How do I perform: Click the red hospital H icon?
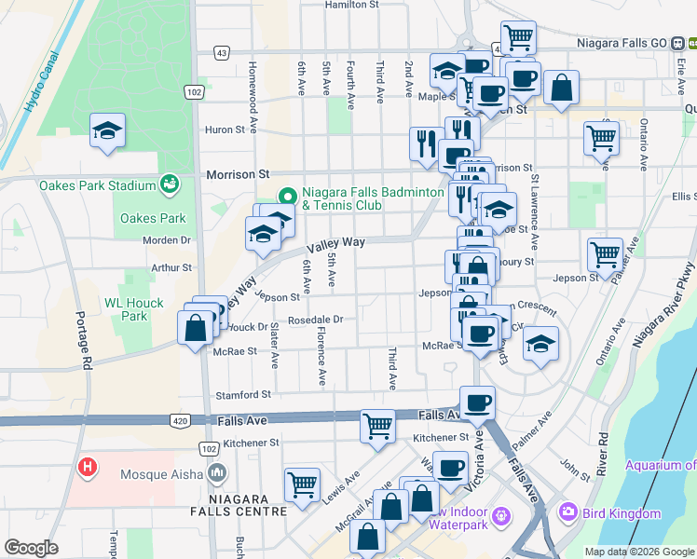[88, 466]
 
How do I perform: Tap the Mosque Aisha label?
[162, 474]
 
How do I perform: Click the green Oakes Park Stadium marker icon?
[170, 184]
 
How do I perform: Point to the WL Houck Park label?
[134, 309]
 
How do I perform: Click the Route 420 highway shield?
[180, 422]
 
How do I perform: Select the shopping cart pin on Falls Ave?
[377, 426]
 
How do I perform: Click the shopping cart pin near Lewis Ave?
[303, 484]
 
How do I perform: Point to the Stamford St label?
[242, 395]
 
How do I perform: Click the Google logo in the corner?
[31, 548]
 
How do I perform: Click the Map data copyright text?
[639, 552]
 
